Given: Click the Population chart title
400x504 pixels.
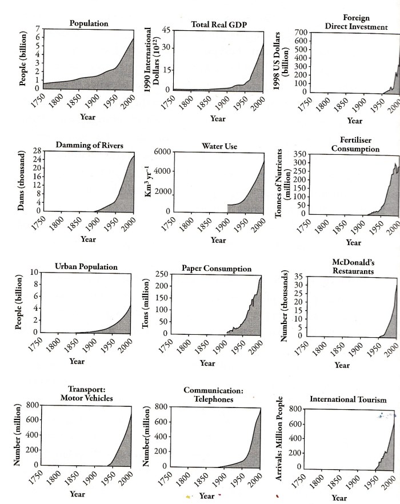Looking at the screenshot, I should pyautogui.click(x=89, y=23).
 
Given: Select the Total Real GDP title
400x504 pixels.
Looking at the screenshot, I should pyautogui.click(x=217, y=25).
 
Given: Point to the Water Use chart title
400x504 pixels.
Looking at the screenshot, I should pyautogui.click(x=219, y=146).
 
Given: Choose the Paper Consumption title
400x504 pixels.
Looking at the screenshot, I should pyautogui.click(x=217, y=268).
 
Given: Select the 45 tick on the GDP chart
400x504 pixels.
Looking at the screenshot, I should pyautogui.click(x=166, y=30).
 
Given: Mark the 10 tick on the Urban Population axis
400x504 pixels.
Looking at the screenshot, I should pyautogui.click(x=35, y=272).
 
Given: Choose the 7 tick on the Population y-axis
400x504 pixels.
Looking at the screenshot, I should pyautogui.click(x=38, y=29).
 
